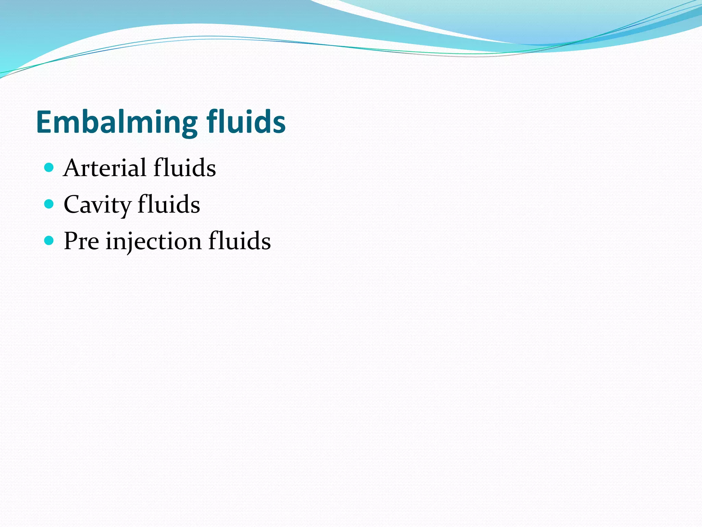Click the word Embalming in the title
(117, 122)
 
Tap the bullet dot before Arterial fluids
(49, 167)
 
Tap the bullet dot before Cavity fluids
(49, 204)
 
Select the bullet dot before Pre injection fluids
(49, 241)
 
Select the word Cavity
(97, 205)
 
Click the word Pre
(82, 241)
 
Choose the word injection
(153, 242)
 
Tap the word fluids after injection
(240, 241)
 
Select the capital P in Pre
(72, 241)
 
